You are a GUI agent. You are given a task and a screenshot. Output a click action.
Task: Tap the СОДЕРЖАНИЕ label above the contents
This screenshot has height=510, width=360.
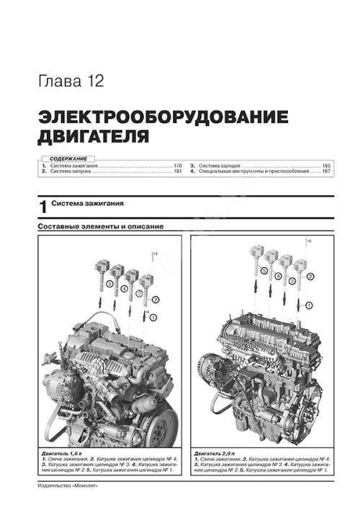[x=64, y=158]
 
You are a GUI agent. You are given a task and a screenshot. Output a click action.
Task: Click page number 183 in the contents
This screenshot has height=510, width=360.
[x=325, y=166]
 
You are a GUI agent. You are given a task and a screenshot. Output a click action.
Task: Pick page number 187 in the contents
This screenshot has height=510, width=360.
[x=325, y=173]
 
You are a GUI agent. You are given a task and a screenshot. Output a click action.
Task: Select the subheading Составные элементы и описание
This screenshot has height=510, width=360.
[x=100, y=227]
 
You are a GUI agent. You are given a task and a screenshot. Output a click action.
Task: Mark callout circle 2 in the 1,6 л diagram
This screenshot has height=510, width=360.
[x=156, y=297]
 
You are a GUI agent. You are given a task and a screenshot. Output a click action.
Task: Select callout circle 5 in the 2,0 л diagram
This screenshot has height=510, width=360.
[x=264, y=272]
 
